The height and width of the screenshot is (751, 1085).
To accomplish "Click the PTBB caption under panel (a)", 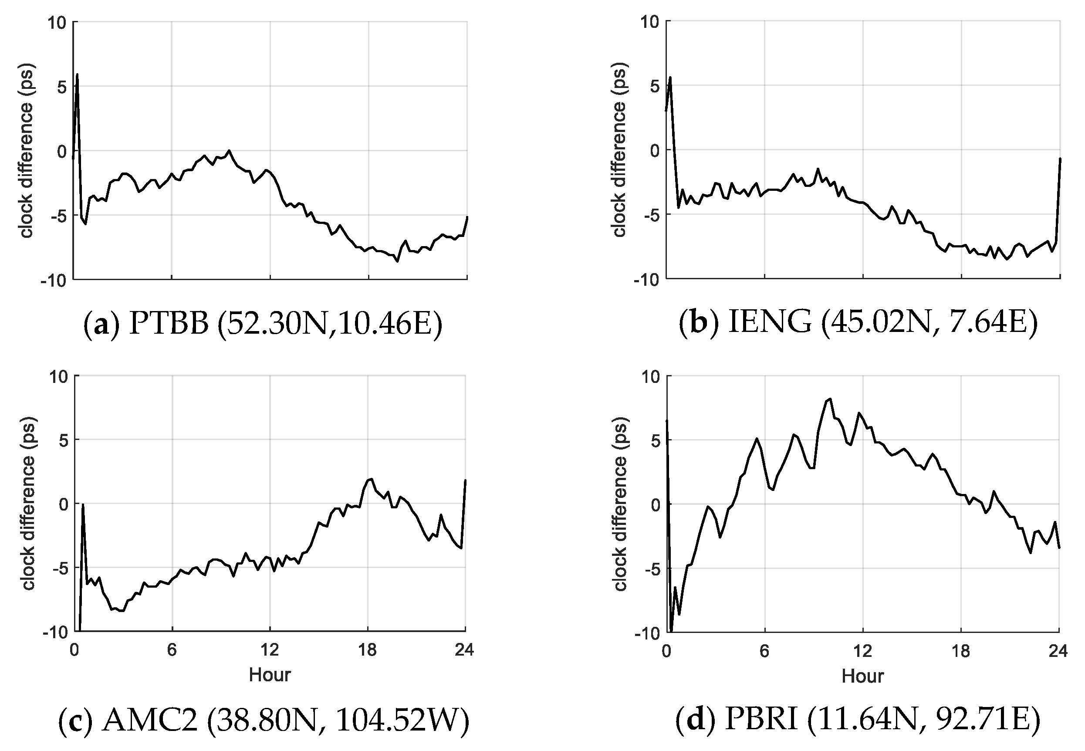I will click(x=263, y=323).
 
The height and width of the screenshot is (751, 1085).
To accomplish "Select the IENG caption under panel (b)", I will click(x=858, y=323).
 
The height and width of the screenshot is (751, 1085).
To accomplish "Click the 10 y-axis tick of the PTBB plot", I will click(x=56, y=22).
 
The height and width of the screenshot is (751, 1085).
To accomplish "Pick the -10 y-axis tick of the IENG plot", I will click(x=647, y=280).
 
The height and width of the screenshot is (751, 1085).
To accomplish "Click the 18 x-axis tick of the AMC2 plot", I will click(x=368, y=650).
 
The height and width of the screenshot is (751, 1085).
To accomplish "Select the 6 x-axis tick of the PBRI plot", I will click(x=764, y=651).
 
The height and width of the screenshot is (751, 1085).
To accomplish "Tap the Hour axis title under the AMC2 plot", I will click(x=270, y=675).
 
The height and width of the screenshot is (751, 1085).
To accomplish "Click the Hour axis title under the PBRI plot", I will click(x=862, y=676).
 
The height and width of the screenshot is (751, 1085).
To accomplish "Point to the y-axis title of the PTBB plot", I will click(x=27, y=151).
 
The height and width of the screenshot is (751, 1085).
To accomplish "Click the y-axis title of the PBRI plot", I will click(x=620, y=504).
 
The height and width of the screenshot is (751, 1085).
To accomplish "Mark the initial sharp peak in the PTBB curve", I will click(x=77, y=74).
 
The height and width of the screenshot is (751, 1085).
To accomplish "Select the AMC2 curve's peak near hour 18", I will click(x=372, y=479).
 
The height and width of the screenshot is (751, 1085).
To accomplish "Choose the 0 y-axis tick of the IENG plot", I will click(x=655, y=151).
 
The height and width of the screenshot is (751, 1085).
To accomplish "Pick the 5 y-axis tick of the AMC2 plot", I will click(x=61, y=440).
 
